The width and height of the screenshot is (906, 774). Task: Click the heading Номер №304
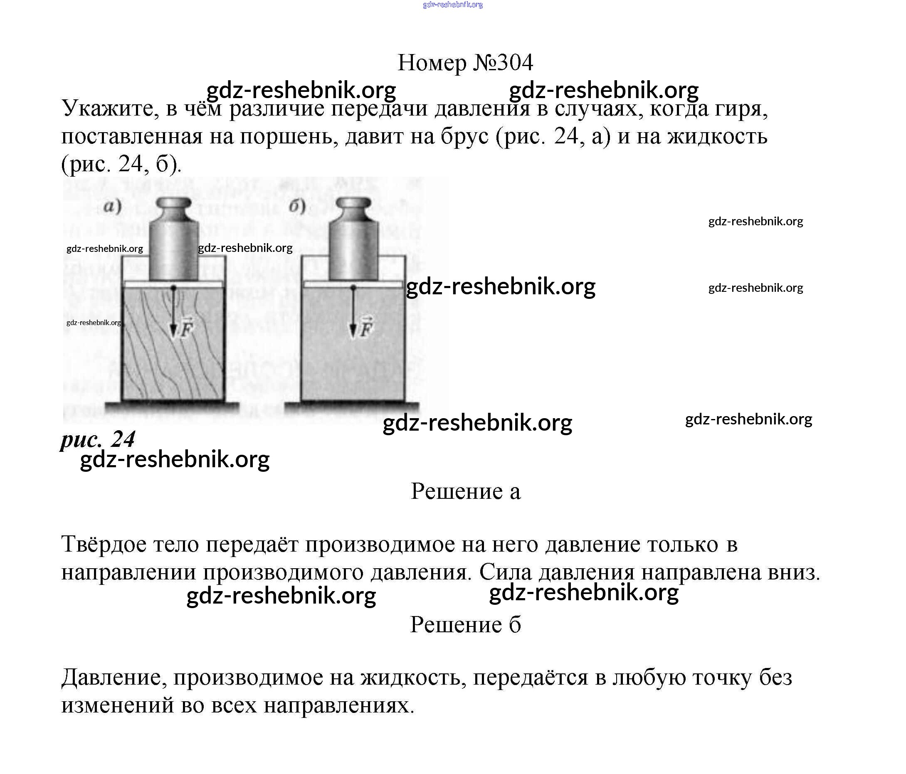[465, 63]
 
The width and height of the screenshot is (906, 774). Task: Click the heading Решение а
[465, 492]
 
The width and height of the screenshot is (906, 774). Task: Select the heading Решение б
[465, 624]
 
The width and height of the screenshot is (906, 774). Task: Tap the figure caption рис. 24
[98, 439]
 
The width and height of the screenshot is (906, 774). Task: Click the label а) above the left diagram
[112, 206]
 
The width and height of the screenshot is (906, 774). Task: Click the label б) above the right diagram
[297, 206]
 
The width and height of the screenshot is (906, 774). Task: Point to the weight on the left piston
[174, 240]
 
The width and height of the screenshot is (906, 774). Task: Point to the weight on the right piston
[354, 240]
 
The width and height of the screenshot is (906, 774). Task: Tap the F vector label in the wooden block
[186, 329]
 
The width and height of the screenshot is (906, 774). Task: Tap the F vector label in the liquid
[366, 329]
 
